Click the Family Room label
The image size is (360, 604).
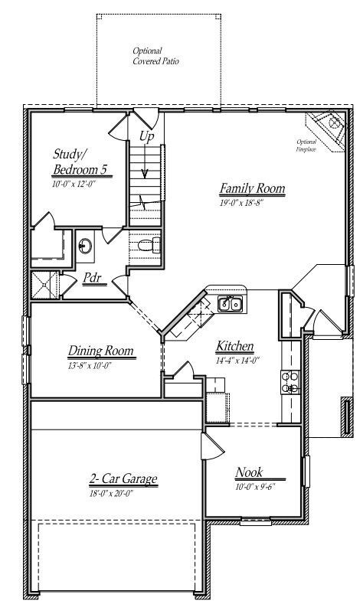tap(252, 188)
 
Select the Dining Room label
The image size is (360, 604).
tap(101, 351)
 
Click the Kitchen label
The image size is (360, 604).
tap(234, 346)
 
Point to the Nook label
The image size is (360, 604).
tap(250, 472)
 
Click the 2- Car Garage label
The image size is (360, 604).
tap(123, 479)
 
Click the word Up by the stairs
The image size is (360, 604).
tap(146, 136)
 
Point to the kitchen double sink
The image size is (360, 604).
tap(230, 304)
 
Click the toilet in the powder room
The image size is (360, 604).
tap(151, 245)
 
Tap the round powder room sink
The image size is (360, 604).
tap(87, 247)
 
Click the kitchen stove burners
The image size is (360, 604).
tap(291, 381)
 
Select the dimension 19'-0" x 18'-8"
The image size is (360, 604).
tap(242, 202)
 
